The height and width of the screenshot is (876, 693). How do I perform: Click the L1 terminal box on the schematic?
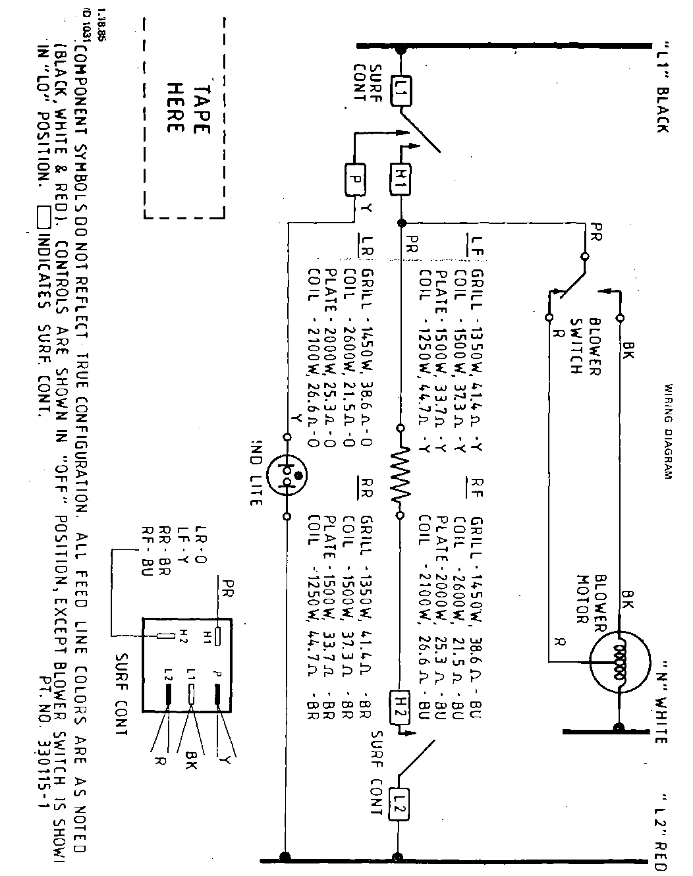pos(399,90)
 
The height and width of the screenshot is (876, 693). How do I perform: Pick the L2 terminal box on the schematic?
pos(399,804)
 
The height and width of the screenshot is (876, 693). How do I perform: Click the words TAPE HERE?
pos(185,109)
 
